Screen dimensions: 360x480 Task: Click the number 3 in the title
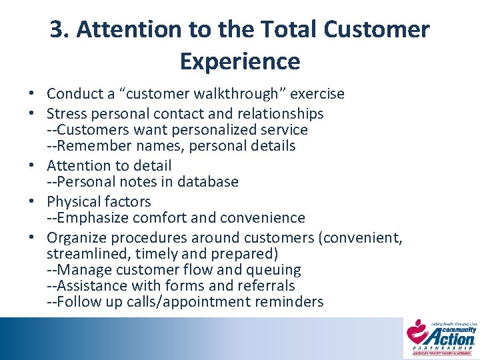(x=57, y=30)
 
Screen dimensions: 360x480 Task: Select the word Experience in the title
(x=240, y=61)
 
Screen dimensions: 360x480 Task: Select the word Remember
(x=89, y=145)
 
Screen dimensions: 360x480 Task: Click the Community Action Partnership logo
(x=442, y=337)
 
